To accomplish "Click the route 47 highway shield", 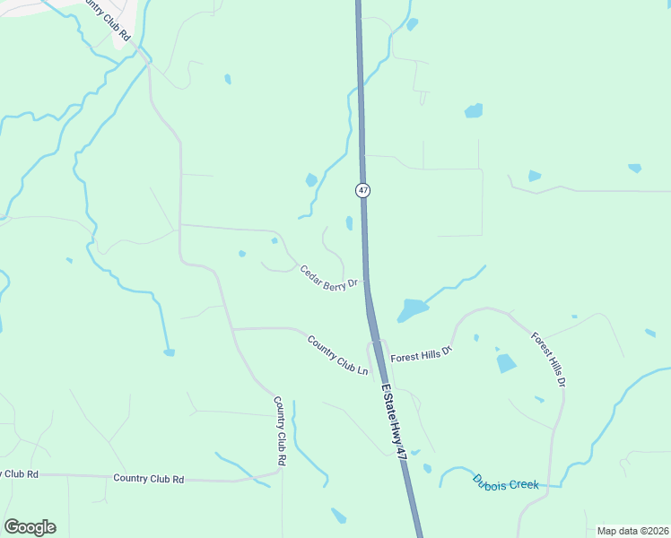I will coord(362,190).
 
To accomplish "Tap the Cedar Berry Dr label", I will coord(328,277).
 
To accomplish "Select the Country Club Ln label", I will coord(337,355).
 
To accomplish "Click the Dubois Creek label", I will coord(506,482).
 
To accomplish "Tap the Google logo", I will coord(30,527).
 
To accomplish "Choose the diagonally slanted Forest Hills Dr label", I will coord(548,359).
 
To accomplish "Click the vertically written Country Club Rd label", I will coord(280,430).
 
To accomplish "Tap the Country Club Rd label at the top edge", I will coord(105,18).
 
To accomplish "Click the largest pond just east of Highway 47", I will coord(412,310).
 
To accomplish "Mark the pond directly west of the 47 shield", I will coord(311,180).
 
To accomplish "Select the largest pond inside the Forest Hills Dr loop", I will coord(506,363).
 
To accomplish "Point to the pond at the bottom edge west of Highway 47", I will coord(338,516).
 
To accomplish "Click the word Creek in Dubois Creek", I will coord(523,484).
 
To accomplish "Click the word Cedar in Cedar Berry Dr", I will coord(310,272).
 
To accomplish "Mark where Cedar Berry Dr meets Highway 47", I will coord(367,285).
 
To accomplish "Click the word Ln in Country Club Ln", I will coord(363,369).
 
